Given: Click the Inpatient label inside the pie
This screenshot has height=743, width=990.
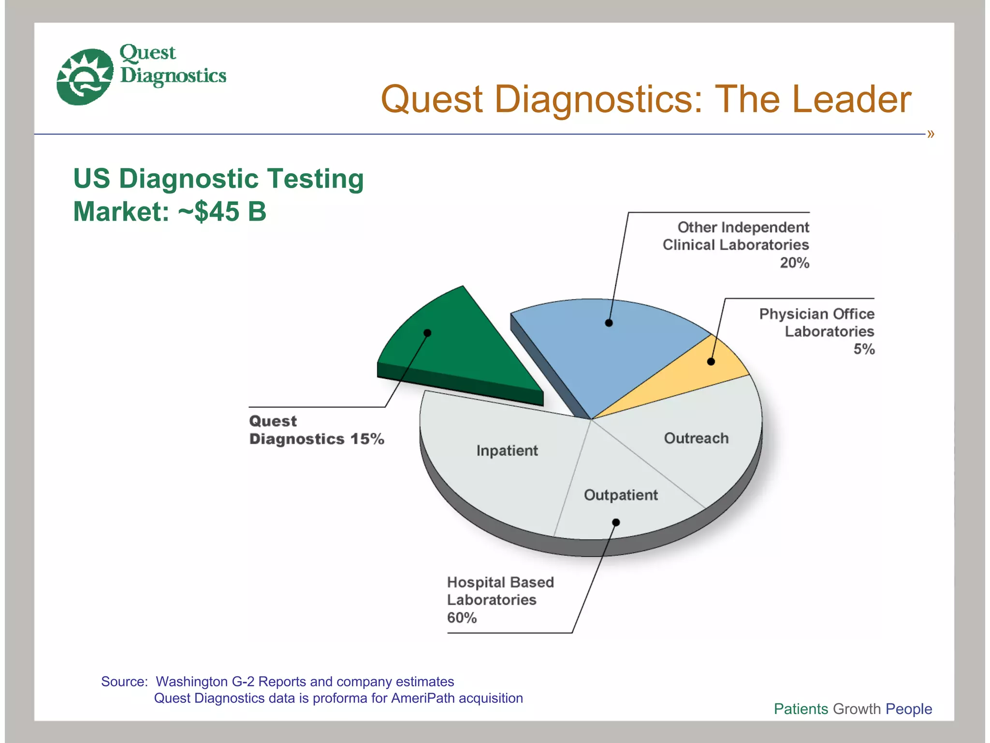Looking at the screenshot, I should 507,451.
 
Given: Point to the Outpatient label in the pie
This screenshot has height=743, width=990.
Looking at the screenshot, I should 621,495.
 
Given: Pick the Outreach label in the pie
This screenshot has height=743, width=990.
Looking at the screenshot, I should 696,438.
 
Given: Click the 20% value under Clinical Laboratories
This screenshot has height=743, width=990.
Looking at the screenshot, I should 794,263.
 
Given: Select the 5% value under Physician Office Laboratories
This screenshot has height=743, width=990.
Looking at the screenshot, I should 864,349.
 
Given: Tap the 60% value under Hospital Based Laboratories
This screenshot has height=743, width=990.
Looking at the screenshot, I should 462,618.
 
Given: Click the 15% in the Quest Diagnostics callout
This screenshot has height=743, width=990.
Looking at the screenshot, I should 367,439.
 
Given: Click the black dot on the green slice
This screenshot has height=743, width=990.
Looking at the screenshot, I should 427,333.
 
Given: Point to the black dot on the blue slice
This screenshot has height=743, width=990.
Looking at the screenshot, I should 609,323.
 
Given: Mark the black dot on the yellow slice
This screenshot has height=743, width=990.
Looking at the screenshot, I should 711,361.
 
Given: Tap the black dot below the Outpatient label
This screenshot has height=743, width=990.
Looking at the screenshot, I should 616,522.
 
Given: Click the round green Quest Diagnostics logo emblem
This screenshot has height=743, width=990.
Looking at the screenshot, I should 85,76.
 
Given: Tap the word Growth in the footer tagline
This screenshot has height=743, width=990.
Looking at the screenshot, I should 857,709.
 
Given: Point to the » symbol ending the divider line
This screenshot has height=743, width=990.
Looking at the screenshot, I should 931,134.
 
